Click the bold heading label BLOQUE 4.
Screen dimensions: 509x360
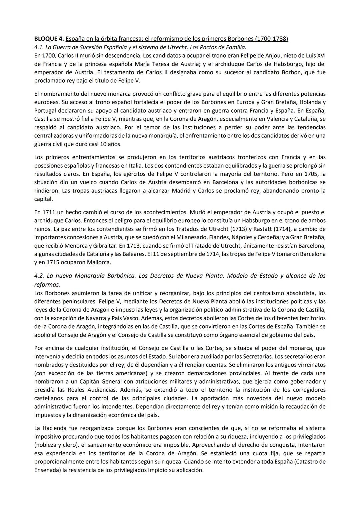(49, 39)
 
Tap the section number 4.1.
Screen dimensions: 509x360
(40, 47)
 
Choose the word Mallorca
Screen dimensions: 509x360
(99, 262)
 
